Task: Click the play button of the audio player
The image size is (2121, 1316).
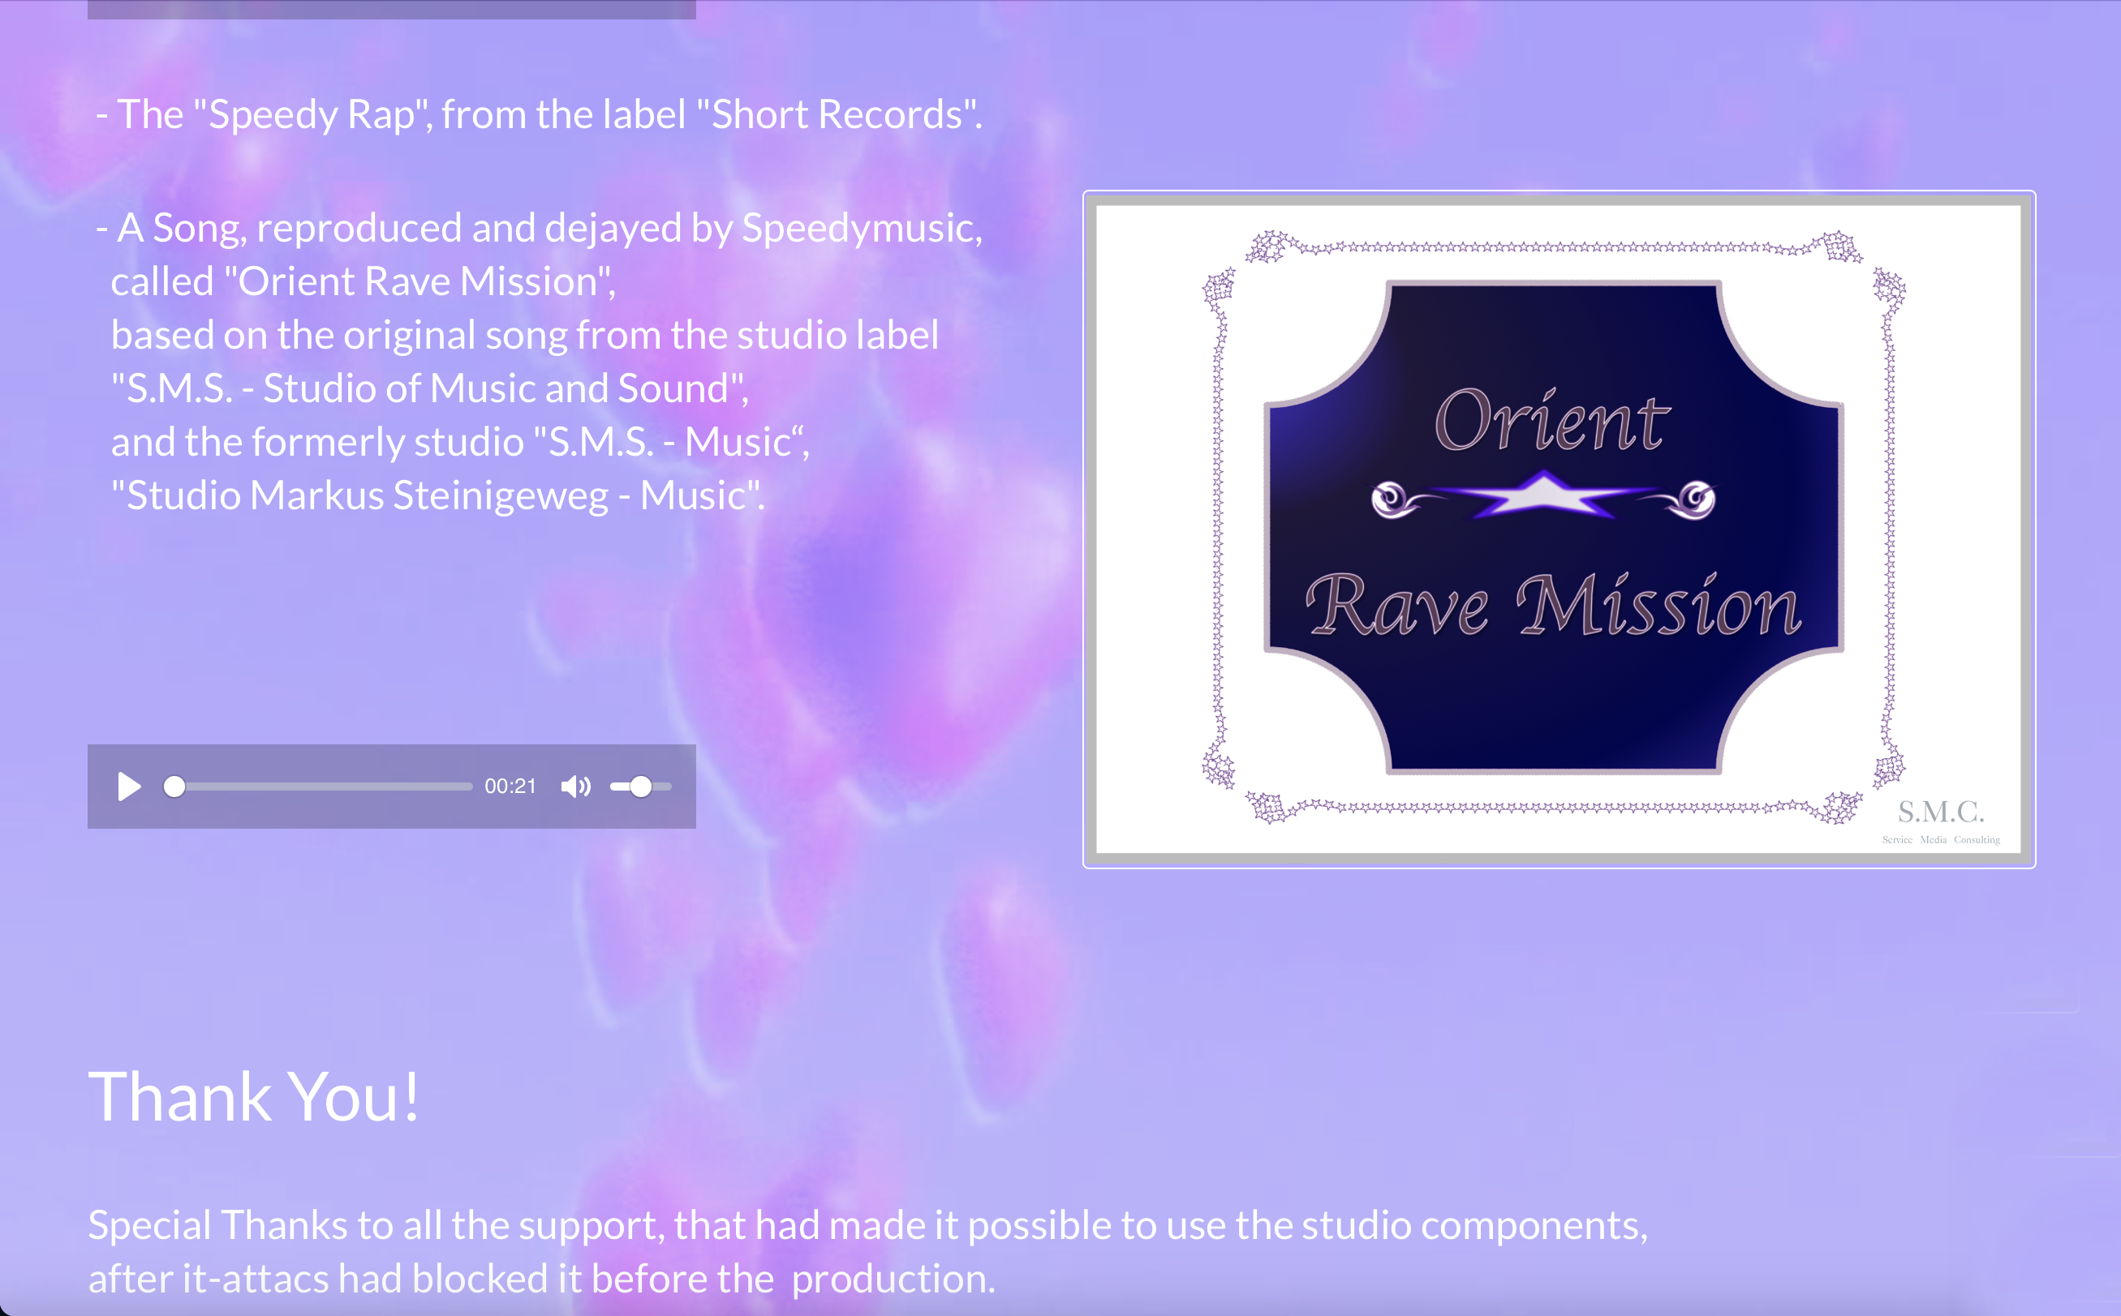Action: (x=129, y=787)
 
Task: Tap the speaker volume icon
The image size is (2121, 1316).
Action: (x=575, y=787)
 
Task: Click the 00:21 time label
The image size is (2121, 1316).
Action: (x=510, y=787)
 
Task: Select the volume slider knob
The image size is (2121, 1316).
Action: (x=641, y=787)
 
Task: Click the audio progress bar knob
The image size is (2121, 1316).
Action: (x=174, y=787)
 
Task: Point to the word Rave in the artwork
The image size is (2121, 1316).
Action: (x=1398, y=604)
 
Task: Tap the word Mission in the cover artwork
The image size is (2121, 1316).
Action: (x=1659, y=604)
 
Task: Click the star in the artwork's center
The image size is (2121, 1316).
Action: (x=1542, y=495)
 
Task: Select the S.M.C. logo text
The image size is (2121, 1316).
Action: (x=1941, y=812)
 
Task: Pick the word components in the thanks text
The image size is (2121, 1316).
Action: (x=1534, y=1226)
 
